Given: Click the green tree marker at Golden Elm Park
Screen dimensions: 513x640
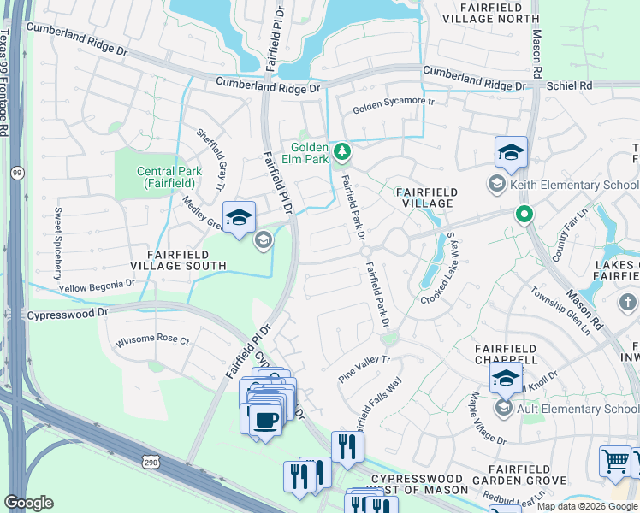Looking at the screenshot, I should [342, 152].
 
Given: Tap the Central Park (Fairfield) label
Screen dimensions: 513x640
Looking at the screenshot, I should [169, 177].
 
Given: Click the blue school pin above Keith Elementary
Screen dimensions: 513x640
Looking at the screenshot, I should [511, 153].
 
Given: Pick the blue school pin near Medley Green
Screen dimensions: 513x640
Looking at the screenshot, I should [239, 217].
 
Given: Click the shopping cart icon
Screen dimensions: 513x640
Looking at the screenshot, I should [615, 461].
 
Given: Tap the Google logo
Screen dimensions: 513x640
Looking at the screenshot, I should [28, 503].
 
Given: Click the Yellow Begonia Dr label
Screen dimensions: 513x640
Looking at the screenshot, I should [97, 286].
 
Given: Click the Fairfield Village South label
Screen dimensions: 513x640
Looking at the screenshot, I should [186, 260].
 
